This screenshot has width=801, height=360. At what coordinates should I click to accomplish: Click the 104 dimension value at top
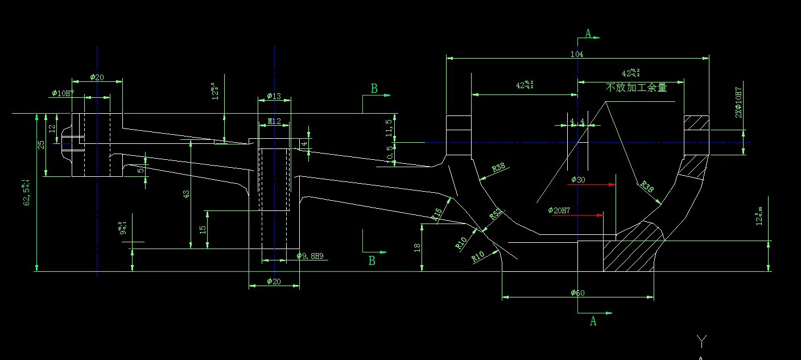pyautogui.click(x=578, y=54)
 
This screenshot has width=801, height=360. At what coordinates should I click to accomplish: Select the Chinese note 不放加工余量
pyautogui.click(x=636, y=88)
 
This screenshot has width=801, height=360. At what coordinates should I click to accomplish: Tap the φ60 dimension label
pyautogui.click(x=577, y=293)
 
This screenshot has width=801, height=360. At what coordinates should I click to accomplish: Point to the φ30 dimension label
pyautogui.click(x=578, y=180)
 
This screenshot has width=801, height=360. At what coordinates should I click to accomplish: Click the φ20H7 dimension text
pyautogui.click(x=559, y=210)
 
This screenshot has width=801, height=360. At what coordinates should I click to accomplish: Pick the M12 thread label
pyautogui.click(x=274, y=121)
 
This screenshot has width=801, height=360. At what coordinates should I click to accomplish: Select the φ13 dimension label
pyautogui.click(x=274, y=96)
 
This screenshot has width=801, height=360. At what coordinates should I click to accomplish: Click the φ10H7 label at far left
pyautogui.click(x=63, y=93)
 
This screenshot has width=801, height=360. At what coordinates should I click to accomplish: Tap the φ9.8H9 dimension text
pyautogui.click(x=310, y=256)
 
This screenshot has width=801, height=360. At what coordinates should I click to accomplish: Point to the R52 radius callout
pyautogui.click(x=496, y=214)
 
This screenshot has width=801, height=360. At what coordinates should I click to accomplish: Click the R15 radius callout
pyautogui.click(x=437, y=214)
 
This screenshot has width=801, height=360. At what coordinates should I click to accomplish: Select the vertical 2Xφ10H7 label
pyautogui.click(x=739, y=102)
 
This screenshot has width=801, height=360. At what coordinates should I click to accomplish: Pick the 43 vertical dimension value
pyautogui.click(x=186, y=193)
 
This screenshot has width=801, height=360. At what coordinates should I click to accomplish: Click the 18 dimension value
pyautogui.click(x=418, y=247)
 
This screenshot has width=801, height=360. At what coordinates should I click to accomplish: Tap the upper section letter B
pyautogui.click(x=374, y=89)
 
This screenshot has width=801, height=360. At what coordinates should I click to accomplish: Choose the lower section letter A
pyautogui.click(x=593, y=321)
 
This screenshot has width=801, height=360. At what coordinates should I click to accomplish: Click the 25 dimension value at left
pyautogui.click(x=41, y=144)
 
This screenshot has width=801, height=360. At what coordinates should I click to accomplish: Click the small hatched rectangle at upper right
pyautogui.click(x=696, y=123)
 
